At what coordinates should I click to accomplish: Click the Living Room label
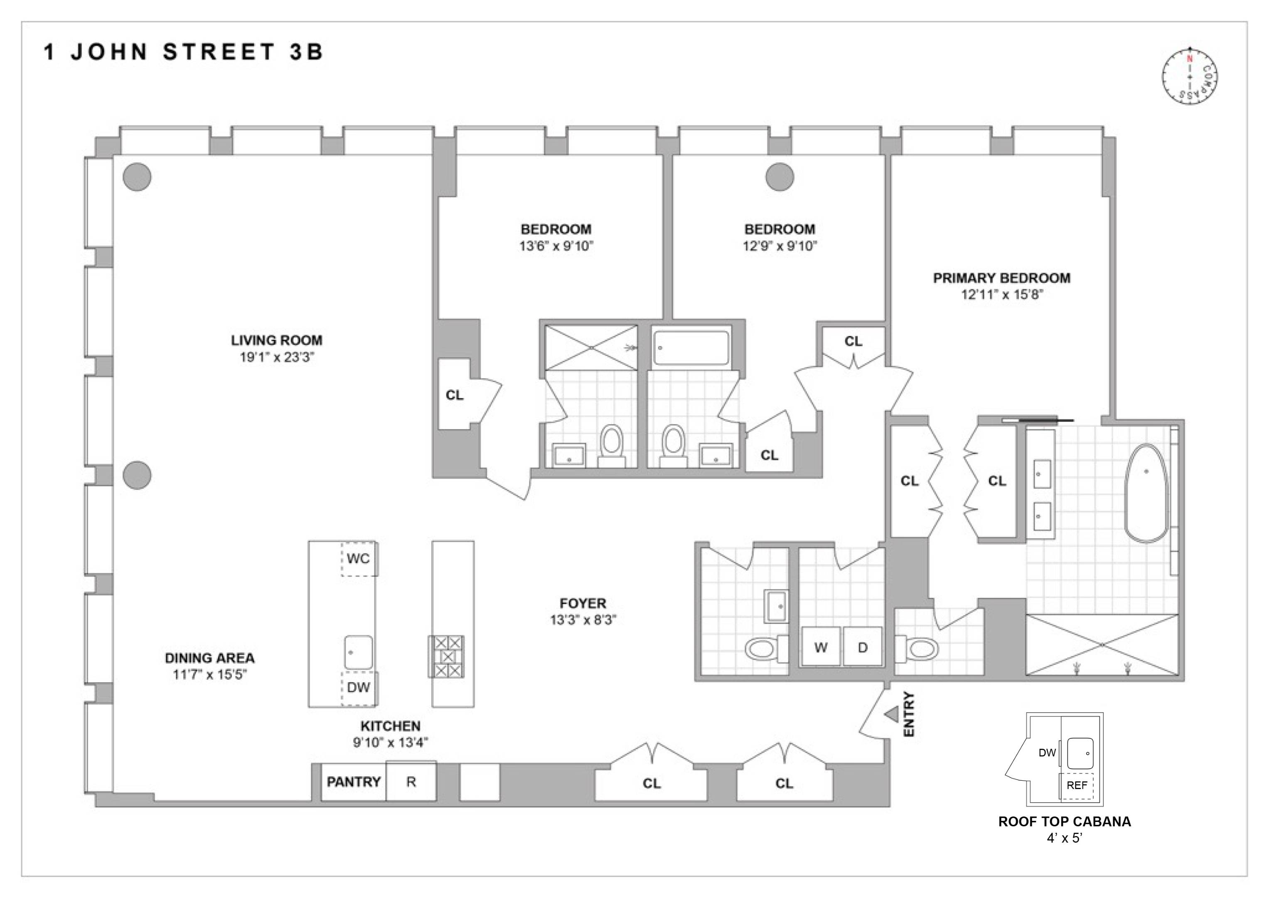(276, 340)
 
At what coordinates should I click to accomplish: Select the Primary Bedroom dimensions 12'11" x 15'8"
(1001, 294)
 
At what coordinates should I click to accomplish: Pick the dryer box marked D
(863, 647)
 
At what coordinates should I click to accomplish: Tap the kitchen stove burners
(447, 656)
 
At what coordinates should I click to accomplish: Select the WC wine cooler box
(359, 558)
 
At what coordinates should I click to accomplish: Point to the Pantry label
(354, 781)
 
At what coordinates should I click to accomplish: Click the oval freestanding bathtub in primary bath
(1147, 493)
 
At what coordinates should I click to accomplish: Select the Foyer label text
(583, 603)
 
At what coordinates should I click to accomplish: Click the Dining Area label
(209, 658)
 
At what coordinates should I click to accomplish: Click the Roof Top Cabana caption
(1064, 822)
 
